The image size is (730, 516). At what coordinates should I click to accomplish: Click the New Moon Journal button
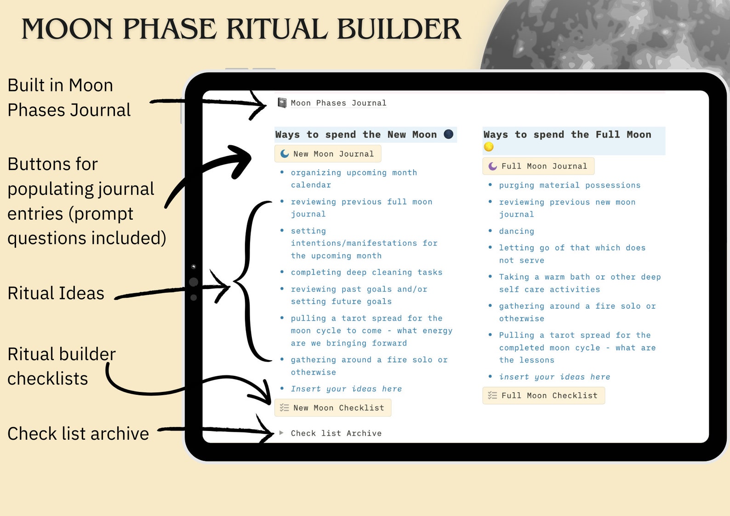tap(328, 154)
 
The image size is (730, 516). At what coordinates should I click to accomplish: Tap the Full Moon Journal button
tap(538, 166)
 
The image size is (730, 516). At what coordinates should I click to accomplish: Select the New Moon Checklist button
tap(333, 408)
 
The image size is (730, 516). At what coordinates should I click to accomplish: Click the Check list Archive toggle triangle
tap(281, 433)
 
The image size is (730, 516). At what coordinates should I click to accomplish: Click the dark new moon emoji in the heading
tap(449, 134)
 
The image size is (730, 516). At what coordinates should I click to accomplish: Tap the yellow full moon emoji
tap(489, 147)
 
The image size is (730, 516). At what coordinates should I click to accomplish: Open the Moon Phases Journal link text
tap(338, 103)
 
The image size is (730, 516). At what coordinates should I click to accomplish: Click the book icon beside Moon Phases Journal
tap(282, 102)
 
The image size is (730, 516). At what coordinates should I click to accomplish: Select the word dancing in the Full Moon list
tap(516, 231)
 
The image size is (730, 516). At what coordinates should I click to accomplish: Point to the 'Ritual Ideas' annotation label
tap(56, 293)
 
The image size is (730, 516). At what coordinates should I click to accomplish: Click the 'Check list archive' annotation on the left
tap(78, 434)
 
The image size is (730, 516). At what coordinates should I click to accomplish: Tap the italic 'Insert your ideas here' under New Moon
tap(346, 389)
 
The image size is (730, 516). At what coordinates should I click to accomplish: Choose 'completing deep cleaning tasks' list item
tap(366, 272)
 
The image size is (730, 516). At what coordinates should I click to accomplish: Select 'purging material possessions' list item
tap(570, 185)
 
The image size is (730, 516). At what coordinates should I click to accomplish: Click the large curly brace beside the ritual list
tap(251, 281)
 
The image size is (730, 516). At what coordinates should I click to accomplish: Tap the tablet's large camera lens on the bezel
tap(194, 282)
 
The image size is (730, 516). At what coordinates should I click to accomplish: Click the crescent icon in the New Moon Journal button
tap(285, 154)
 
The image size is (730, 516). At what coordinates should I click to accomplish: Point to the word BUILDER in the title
tap(399, 29)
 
